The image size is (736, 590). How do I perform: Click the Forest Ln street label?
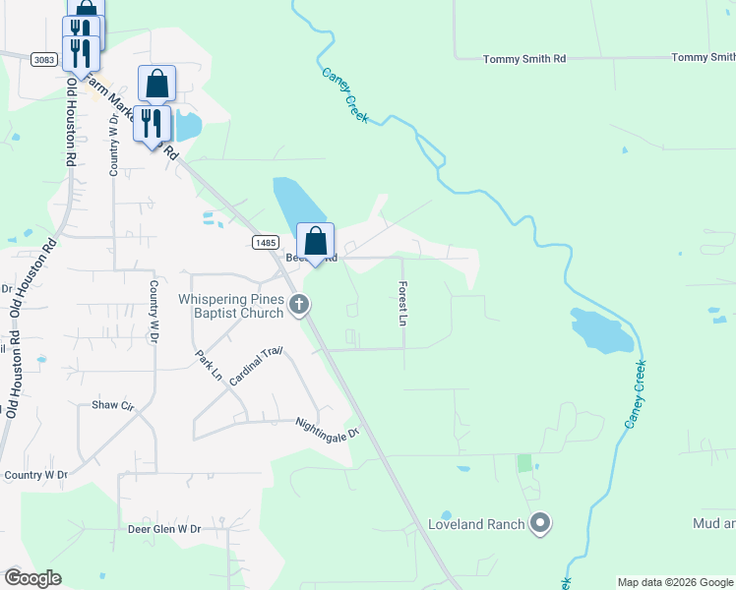tap(402, 303)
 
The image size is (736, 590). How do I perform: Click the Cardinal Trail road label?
tap(255, 367)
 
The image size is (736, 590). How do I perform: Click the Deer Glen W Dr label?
tap(164, 529)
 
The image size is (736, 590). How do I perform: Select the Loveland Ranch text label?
tap(476, 524)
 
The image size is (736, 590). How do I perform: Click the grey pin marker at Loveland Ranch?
tap(539, 523)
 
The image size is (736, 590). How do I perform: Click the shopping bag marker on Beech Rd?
tap(315, 241)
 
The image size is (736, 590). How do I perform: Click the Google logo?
tap(32, 578)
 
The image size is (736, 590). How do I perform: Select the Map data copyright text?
tap(674, 582)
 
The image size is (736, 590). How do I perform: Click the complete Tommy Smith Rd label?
tap(523, 59)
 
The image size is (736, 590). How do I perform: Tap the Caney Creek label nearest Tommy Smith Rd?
tap(343, 95)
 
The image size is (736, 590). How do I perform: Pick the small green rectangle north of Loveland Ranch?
tap(523, 462)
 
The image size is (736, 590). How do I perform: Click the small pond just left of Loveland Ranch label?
tap(446, 515)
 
